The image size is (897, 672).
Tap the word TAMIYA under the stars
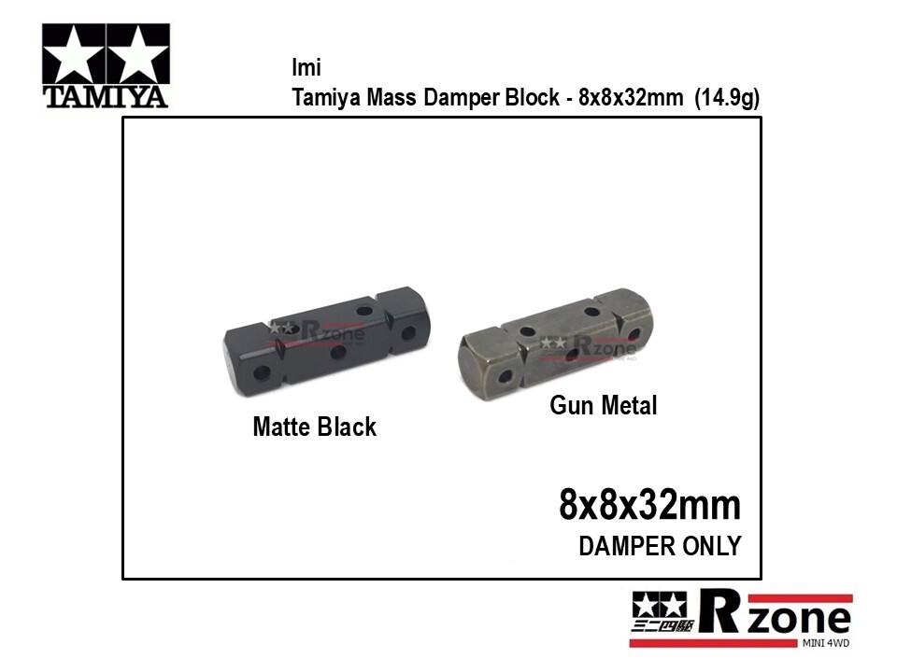[x=106, y=97]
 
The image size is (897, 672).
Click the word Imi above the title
[x=306, y=67]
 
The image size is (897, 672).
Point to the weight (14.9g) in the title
[x=727, y=98]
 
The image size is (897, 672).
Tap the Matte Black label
[x=315, y=427]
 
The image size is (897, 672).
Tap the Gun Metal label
[x=603, y=406]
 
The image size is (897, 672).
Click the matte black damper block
[x=326, y=342]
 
